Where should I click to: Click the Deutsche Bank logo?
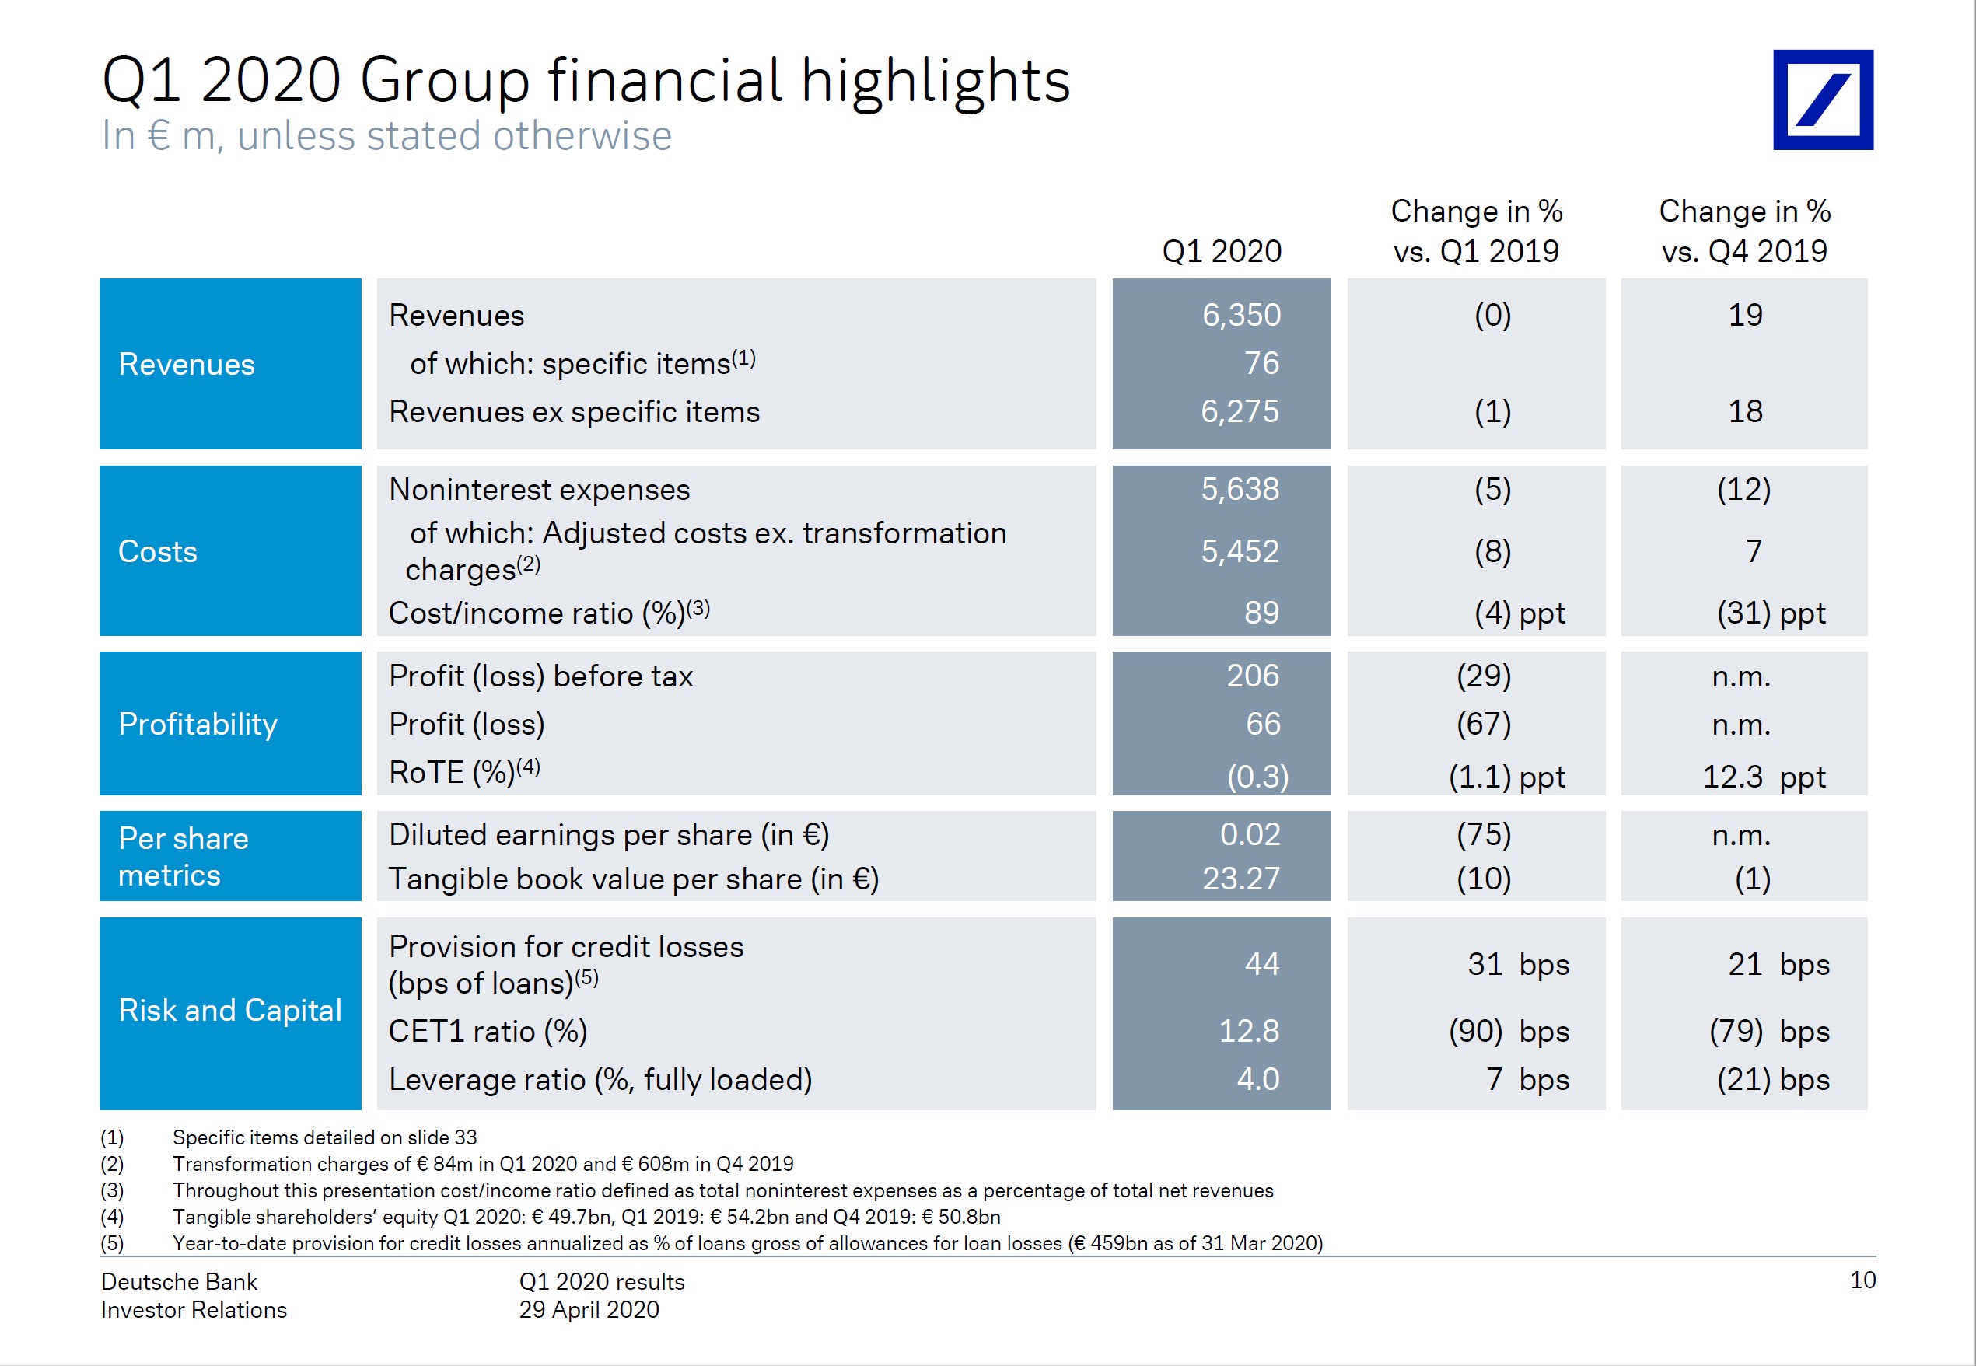coord(1823,100)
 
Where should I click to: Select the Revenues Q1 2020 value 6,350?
coord(1240,315)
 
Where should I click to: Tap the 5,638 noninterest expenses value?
coord(1239,489)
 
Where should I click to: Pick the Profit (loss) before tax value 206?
coord(1252,676)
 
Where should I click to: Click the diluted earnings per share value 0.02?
coord(1249,833)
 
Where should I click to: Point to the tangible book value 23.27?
coord(1240,879)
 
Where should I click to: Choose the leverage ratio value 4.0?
coord(1257,1078)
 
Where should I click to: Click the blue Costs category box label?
coord(158,551)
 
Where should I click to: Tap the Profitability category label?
coord(198,724)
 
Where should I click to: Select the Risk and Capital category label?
coord(229,1010)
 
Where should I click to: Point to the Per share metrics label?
coord(184,856)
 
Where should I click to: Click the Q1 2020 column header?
coord(1221,251)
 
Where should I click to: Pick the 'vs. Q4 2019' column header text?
coord(1744,251)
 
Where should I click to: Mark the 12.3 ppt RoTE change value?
coord(1763,776)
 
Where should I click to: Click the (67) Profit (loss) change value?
coord(1483,724)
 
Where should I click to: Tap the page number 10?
coord(1862,1280)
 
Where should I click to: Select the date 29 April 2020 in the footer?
coord(589,1309)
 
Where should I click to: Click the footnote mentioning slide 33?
coord(324,1137)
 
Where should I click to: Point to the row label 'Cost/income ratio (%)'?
coord(537,613)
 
